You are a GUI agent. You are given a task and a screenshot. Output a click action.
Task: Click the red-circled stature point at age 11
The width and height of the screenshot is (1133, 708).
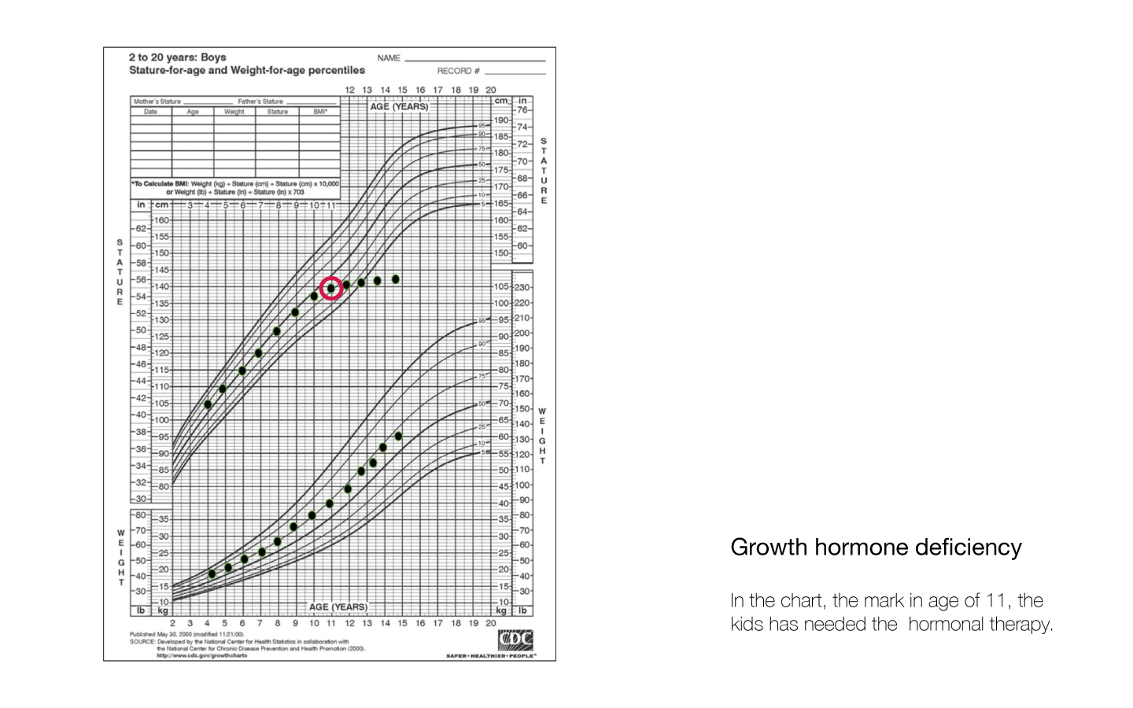click(x=331, y=289)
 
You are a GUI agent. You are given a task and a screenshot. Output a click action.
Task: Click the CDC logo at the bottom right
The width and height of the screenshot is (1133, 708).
click(x=515, y=640)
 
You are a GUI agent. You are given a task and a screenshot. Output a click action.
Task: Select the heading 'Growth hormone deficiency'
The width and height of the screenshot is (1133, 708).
click(x=876, y=548)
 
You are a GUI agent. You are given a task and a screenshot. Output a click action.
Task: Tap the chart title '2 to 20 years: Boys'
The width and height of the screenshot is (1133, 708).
click(x=177, y=57)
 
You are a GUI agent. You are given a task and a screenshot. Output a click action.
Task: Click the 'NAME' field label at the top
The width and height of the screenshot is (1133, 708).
click(x=389, y=58)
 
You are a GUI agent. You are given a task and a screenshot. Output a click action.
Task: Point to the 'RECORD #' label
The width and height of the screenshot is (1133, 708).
click(x=458, y=71)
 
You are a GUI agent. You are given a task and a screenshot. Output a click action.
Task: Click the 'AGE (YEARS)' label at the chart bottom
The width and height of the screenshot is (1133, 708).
click(x=338, y=607)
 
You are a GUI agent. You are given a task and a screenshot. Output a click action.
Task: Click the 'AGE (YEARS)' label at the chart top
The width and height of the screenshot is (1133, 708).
click(x=399, y=107)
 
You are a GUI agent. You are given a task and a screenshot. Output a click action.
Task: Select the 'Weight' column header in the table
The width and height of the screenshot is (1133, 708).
click(x=234, y=112)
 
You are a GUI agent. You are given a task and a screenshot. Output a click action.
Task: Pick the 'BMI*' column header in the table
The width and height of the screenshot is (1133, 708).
click(x=319, y=112)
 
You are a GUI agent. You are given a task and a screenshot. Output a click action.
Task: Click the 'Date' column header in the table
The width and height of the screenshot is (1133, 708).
click(x=150, y=112)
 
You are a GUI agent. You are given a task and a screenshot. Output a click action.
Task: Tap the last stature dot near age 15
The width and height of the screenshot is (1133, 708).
click(x=396, y=279)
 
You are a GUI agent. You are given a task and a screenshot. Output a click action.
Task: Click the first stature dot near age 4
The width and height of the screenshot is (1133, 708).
click(x=208, y=404)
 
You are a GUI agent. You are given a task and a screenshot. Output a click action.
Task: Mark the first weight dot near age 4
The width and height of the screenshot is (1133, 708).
click(x=212, y=573)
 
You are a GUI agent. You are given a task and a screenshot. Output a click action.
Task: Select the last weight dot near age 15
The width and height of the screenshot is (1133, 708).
click(x=398, y=436)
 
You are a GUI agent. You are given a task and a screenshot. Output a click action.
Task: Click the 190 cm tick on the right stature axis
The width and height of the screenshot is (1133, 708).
click(x=501, y=120)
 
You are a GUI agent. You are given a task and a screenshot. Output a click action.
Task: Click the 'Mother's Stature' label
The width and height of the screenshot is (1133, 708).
click(x=157, y=101)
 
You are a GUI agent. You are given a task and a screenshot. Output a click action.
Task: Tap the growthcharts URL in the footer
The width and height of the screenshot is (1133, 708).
click(x=201, y=655)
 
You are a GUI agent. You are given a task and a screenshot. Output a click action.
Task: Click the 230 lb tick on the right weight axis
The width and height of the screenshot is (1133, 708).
click(x=522, y=288)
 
